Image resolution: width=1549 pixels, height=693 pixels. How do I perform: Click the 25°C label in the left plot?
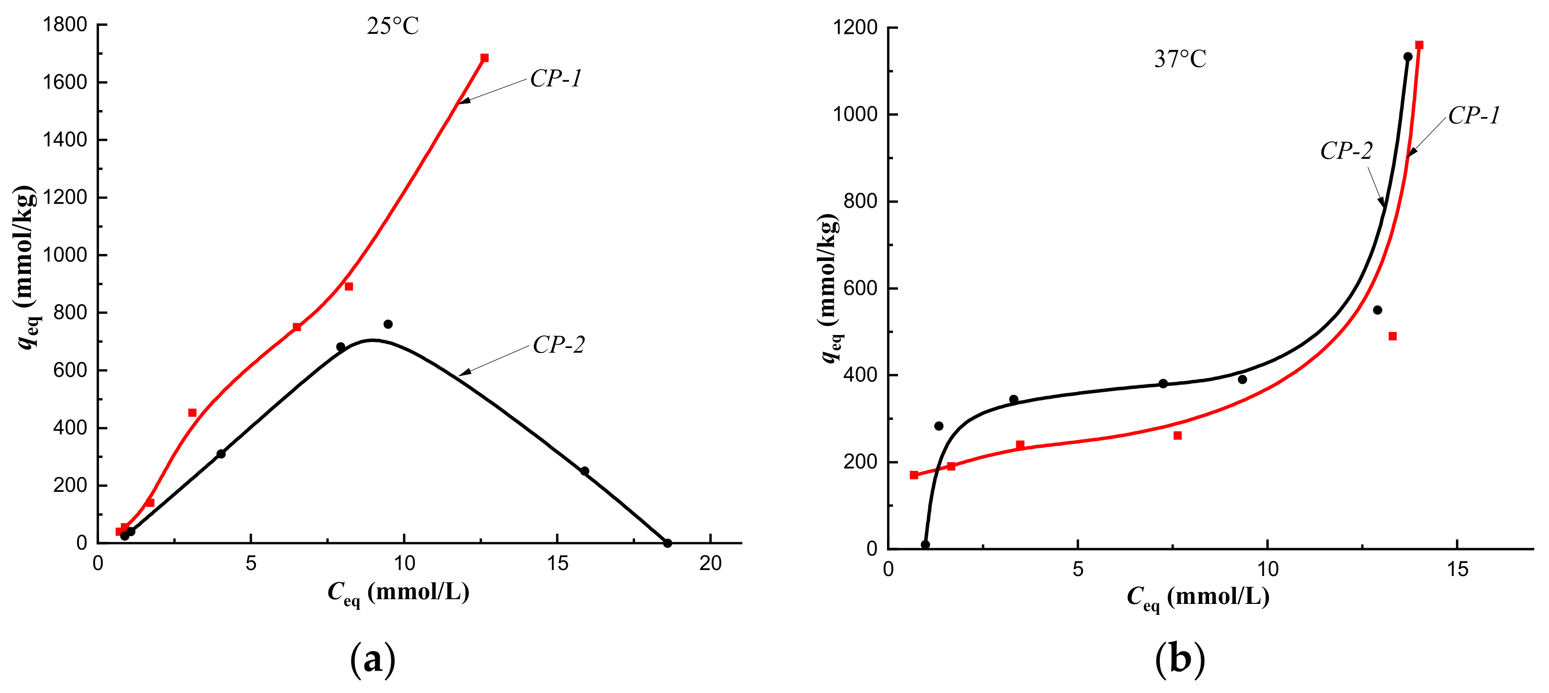tap(393, 26)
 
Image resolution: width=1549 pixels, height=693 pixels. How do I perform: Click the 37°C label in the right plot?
tap(1180, 59)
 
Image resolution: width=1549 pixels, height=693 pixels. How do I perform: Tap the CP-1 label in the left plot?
tap(555, 79)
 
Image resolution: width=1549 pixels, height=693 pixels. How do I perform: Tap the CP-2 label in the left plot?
tap(558, 345)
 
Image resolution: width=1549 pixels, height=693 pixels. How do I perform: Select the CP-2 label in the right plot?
tap(1346, 150)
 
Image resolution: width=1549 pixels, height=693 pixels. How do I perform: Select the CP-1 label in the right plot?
tap(1474, 115)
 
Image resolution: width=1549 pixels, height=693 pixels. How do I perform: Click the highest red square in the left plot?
tap(484, 58)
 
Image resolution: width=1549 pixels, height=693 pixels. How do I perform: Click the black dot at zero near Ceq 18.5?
tap(667, 543)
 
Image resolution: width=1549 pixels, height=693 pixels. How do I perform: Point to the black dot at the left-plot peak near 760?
tap(388, 324)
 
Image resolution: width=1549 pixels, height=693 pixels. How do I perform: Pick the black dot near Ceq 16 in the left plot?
tap(584, 471)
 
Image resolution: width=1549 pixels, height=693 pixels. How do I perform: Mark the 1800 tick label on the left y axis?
tap(65, 25)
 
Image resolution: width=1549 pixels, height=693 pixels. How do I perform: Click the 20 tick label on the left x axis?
tap(710, 564)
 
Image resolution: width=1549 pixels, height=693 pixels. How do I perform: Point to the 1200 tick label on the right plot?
tap(855, 28)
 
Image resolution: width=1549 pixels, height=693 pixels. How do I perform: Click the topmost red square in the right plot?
tap(1419, 45)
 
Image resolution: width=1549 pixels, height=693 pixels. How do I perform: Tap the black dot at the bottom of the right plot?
tap(925, 545)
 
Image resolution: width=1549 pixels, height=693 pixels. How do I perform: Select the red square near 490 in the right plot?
tap(1393, 336)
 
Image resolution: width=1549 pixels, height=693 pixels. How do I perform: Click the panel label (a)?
tap(373, 659)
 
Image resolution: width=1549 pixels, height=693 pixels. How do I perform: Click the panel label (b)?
tap(1180, 659)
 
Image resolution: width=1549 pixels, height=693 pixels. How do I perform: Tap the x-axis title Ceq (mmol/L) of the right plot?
tap(1198, 597)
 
